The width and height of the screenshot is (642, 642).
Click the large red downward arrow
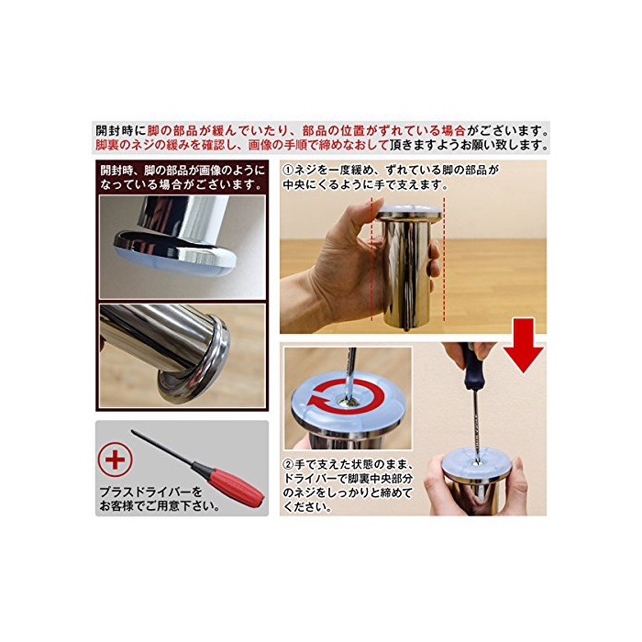point(524,345)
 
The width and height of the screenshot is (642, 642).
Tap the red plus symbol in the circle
point(115,460)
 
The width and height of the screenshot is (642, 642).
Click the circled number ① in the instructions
point(288,170)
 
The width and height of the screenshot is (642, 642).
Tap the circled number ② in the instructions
point(288,465)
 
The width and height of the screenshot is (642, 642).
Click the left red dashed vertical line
point(371,259)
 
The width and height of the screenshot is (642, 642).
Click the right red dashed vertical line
point(444,259)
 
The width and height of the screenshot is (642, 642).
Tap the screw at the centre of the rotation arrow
point(347,404)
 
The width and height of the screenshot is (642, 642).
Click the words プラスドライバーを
point(150,492)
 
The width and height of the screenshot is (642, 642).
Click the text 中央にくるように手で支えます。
point(366,184)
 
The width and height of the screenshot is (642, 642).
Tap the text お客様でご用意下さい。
point(160,506)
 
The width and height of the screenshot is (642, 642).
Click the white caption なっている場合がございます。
point(182,184)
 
